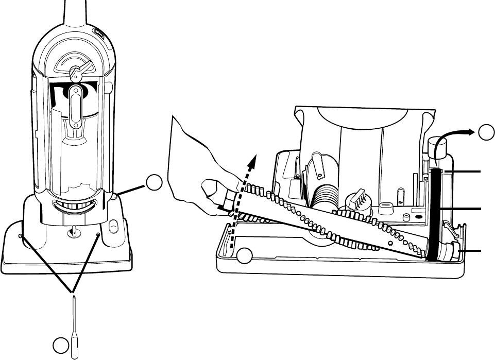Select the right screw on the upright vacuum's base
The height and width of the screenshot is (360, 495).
coord(98,234)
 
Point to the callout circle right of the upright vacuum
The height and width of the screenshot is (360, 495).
coord(153,183)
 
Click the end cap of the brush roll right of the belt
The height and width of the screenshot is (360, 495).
coord(453,251)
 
